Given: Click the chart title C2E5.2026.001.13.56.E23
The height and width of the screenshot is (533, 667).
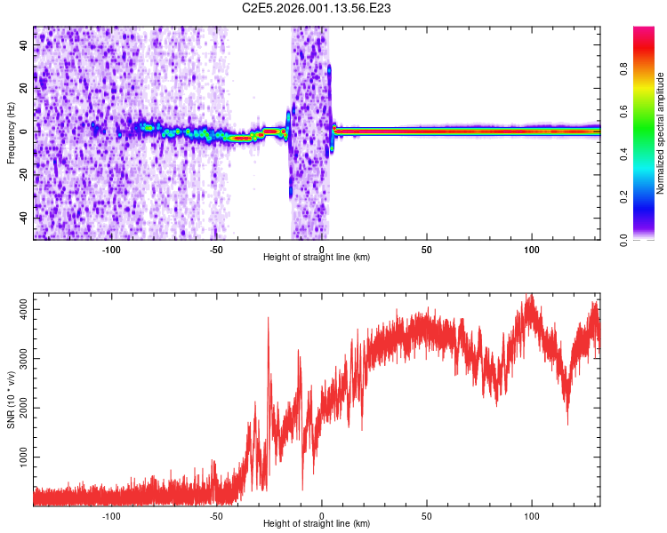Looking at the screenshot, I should [317, 8].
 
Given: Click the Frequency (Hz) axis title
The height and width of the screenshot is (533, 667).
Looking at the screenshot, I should [11, 132].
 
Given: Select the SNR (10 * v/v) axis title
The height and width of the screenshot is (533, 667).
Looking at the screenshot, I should [11, 399].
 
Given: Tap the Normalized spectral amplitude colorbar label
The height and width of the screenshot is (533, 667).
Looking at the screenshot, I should [661, 133].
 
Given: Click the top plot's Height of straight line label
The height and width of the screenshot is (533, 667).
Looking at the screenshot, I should [317, 257].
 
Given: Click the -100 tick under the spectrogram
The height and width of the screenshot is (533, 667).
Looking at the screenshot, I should [111, 249].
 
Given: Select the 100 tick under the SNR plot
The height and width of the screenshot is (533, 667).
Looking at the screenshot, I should [532, 515].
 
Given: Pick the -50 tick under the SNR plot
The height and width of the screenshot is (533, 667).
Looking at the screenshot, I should [217, 515].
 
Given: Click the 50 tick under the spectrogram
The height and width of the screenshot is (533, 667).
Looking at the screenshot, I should [427, 249].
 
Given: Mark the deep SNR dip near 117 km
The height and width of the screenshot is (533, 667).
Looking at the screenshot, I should [567, 423].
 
